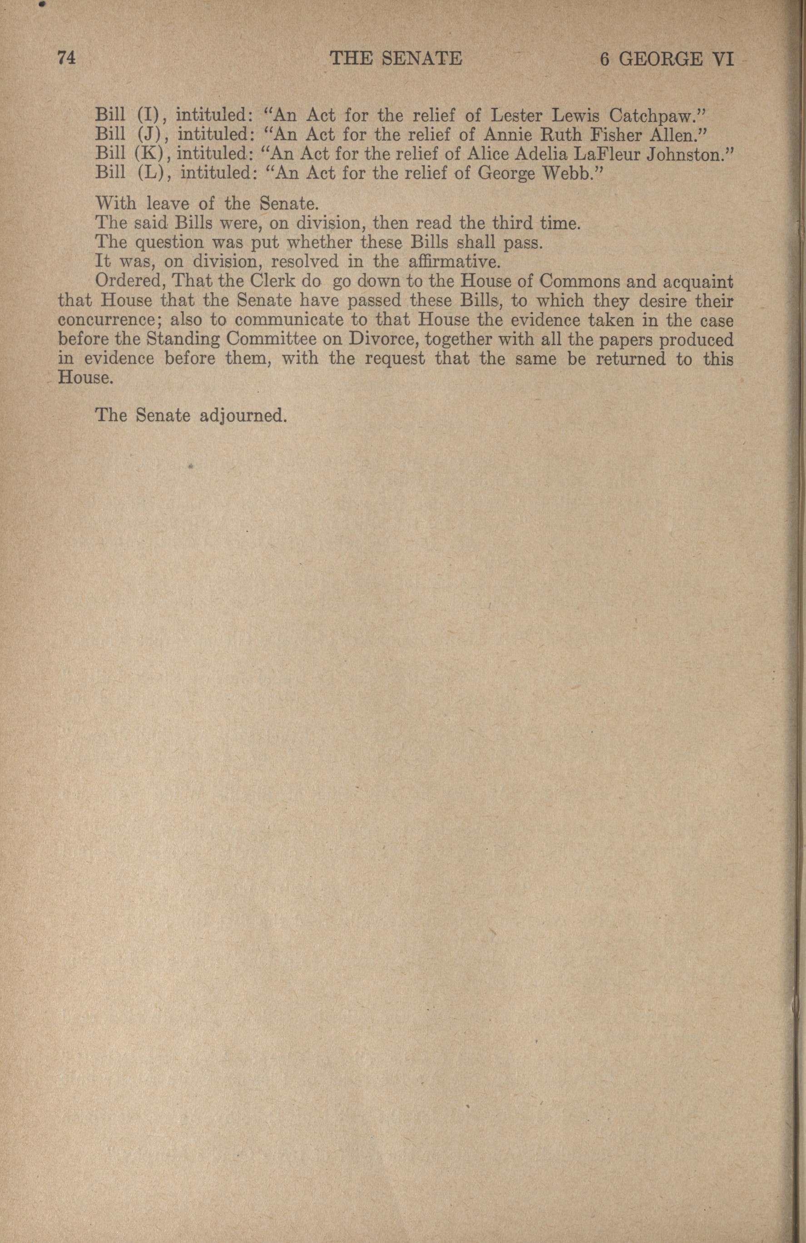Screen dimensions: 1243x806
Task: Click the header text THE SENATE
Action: pyautogui.click(x=396, y=59)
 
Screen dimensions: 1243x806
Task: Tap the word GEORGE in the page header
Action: pyautogui.click(x=661, y=59)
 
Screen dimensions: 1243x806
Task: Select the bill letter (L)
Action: pyautogui.click(x=153, y=173)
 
